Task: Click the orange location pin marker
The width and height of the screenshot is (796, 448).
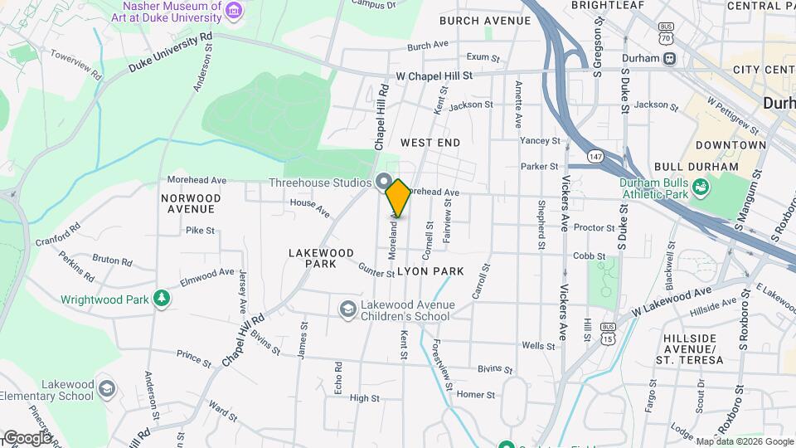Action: tap(398, 197)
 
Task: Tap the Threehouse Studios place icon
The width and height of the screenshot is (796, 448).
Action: tap(383, 181)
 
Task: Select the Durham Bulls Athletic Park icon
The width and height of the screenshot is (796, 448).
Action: tap(701, 188)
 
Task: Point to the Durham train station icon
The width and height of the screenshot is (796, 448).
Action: tap(669, 58)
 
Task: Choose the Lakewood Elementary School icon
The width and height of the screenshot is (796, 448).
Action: tap(106, 389)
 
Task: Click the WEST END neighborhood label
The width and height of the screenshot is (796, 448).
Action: tap(430, 143)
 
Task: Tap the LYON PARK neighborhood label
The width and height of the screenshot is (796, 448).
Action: tap(430, 271)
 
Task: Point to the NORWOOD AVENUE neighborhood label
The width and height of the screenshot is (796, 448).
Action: tap(192, 203)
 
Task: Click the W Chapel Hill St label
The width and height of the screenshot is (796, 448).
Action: tap(434, 75)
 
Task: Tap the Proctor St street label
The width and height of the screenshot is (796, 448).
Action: tap(593, 227)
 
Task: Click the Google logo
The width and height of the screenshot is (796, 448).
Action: tap(27, 437)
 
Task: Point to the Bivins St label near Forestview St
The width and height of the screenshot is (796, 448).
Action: tap(495, 370)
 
